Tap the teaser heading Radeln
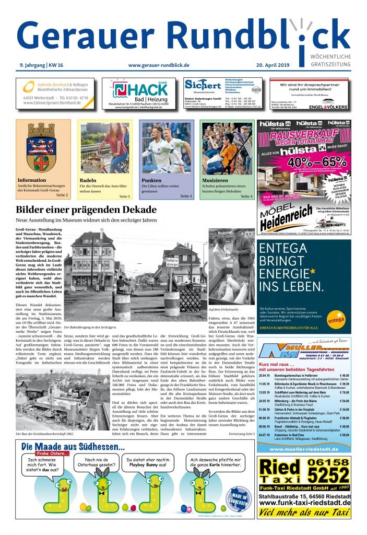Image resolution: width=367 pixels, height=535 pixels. (88, 180)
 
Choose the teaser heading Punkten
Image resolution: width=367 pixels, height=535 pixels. (151, 180)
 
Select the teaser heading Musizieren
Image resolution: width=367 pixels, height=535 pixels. (214, 180)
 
